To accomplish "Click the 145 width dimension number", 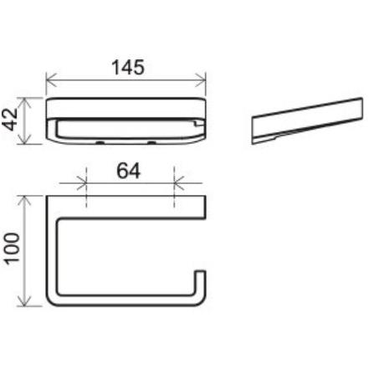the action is coord(128,67).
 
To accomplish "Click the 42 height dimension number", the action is coord(12,120).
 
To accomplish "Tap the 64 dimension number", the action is coord(128,171).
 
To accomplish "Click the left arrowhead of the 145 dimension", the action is coord(51,80).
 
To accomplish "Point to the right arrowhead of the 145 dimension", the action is coord(201,80).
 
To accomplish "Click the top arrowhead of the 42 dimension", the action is coord(25,103).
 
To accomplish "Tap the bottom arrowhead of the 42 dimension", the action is coord(25,139).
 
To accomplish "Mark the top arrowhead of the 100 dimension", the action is coord(25,201).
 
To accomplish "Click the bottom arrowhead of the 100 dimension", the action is coord(25,300).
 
